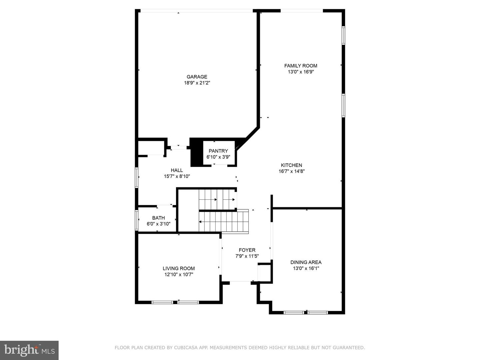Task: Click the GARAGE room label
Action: coord(197,77)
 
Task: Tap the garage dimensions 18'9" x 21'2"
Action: coord(197,83)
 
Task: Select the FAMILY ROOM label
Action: coord(301,66)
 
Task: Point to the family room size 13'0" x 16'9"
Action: coord(301,72)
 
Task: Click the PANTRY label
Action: coord(218,151)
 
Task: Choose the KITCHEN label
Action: coord(291,165)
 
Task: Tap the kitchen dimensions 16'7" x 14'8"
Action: coord(291,171)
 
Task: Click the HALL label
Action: coord(177,170)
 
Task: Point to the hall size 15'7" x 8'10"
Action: coord(177,176)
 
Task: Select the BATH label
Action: coord(159,218)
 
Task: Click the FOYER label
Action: coord(247,250)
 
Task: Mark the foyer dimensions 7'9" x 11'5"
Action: coord(247,256)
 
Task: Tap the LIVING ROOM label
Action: coord(179,268)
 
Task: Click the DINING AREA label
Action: coord(306,262)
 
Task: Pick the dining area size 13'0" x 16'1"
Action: coord(306,268)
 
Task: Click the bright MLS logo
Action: coord(29,350)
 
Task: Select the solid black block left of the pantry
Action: coord(196,153)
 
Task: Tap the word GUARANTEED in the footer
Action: coord(350,348)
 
